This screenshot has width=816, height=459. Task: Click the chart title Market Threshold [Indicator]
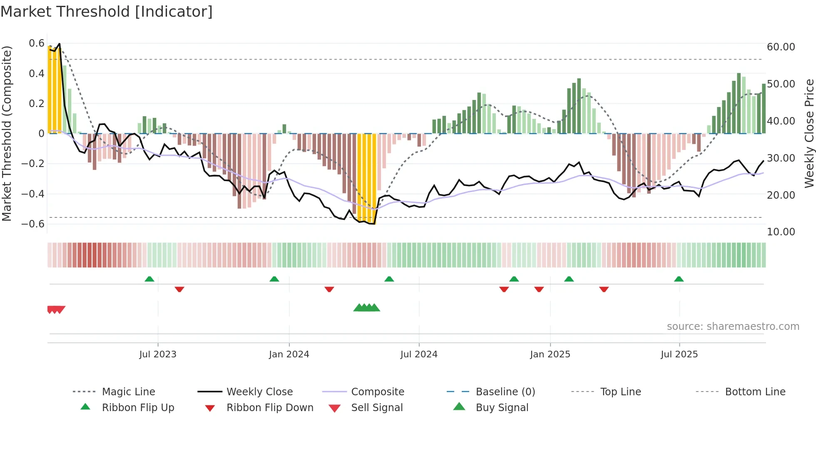click(107, 12)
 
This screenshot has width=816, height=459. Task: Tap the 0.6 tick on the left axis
click(37, 43)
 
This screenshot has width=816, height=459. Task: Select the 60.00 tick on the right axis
click(781, 47)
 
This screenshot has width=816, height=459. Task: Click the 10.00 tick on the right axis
click(781, 232)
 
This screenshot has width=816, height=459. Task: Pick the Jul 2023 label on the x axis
click(158, 354)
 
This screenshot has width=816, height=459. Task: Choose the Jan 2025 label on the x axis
click(550, 354)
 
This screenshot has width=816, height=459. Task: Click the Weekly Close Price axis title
click(809, 133)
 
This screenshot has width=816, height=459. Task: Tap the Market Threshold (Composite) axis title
click(7, 133)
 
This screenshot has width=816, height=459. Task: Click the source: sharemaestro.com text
click(733, 327)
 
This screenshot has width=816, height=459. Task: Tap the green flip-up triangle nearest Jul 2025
click(679, 279)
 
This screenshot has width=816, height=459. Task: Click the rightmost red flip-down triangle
click(604, 289)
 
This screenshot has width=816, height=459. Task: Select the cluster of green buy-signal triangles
click(366, 308)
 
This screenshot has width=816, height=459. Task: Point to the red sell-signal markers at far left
click(56, 309)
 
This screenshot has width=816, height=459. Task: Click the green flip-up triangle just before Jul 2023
click(149, 279)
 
